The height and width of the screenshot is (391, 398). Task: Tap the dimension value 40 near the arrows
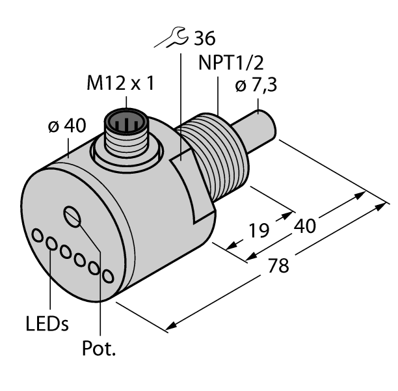(305, 226)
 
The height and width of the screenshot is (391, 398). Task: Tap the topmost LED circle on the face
(37, 236)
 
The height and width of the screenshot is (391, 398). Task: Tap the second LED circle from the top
(51, 243)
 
